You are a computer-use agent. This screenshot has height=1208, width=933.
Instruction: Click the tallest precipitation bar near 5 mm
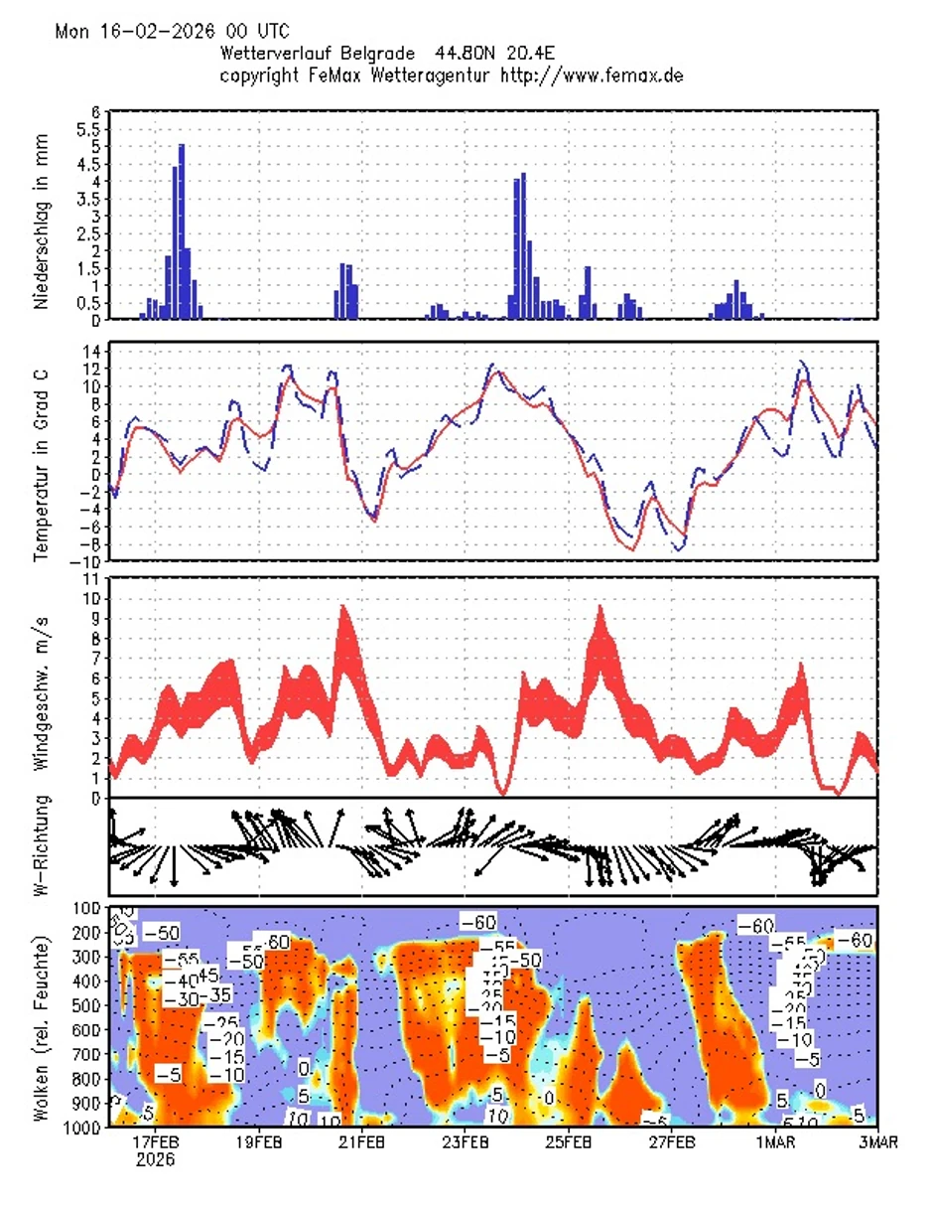click(x=182, y=230)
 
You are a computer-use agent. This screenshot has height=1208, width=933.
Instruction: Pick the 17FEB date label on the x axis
click(x=157, y=1143)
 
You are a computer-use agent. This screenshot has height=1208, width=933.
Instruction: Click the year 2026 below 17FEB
click(x=156, y=1160)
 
